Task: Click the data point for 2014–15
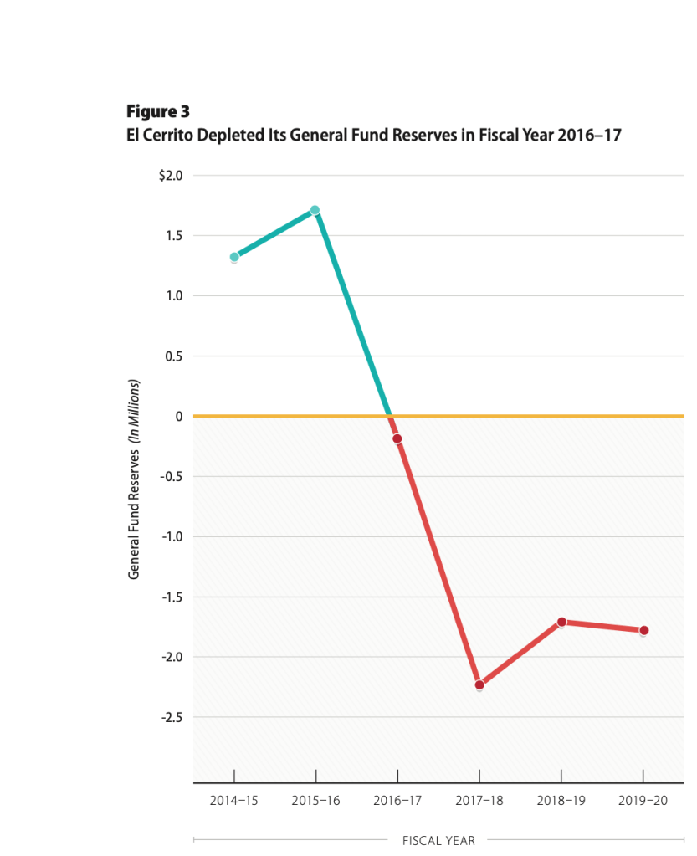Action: (x=234, y=258)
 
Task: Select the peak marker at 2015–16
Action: (x=315, y=210)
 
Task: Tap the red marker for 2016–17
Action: (x=397, y=438)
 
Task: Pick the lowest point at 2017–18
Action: (x=479, y=685)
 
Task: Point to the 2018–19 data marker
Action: (x=561, y=622)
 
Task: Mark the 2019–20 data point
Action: (x=643, y=630)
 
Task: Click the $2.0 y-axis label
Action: (x=170, y=176)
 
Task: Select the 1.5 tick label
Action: (x=173, y=236)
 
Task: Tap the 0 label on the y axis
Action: (x=178, y=416)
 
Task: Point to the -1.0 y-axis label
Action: (x=172, y=536)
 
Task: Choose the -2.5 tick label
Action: (x=172, y=717)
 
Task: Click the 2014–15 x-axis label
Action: (x=234, y=801)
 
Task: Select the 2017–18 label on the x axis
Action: (x=479, y=801)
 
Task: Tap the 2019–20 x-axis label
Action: (x=643, y=801)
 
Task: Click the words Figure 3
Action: (x=158, y=110)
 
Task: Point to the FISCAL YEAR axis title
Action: (x=438, y=840)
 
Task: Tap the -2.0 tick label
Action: (x=172, y=657)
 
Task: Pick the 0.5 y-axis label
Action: (x=173, y=356)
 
